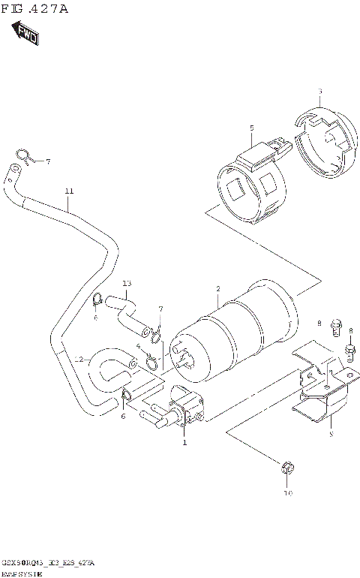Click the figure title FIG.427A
35,9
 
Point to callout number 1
184,443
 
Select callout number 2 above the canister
217,289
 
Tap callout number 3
319,92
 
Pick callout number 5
252,128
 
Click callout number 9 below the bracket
330,433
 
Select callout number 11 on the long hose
69,191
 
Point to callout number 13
127,283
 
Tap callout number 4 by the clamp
139,346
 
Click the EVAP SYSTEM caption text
22,572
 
